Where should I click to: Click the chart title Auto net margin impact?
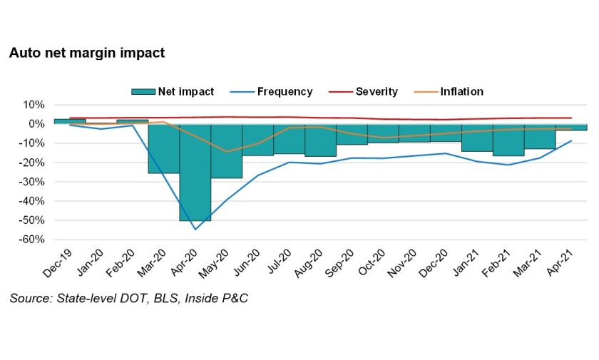pos(86,53)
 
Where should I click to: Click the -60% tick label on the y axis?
pos(32,240)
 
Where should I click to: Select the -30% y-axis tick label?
pos(32,182)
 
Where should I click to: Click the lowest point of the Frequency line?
pos(195,229)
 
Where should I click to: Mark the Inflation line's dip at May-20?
pos(227,151)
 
